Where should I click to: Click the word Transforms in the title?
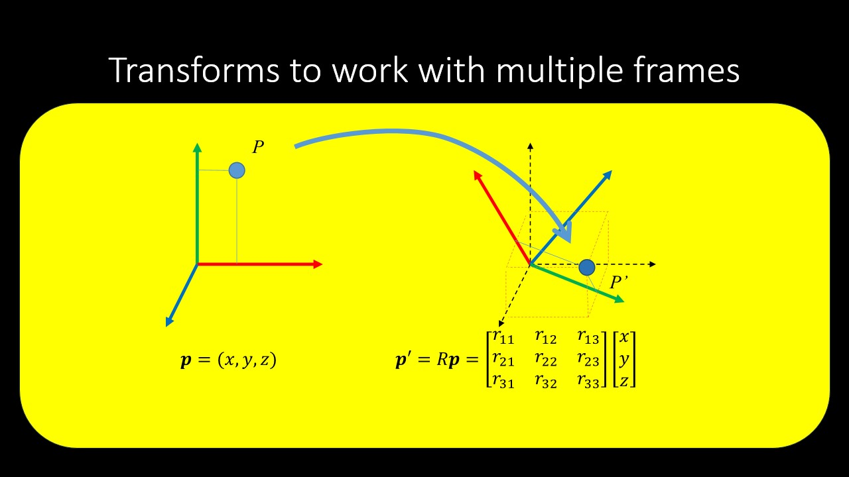[194, 70]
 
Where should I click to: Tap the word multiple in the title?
[559, 73]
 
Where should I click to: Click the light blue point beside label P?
[237, 170]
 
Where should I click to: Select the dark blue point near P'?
[587, 268]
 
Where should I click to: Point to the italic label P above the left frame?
[258, 147]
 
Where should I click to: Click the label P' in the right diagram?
[619, 282]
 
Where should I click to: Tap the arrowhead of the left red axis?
[318, 264]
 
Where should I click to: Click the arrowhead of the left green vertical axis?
[197, 148]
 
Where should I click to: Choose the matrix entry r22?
[546, 359]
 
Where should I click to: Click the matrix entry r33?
[588, 381]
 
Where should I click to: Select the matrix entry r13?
[588, 337]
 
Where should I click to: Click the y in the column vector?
[624, 360]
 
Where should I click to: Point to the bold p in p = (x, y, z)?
[186, 360]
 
